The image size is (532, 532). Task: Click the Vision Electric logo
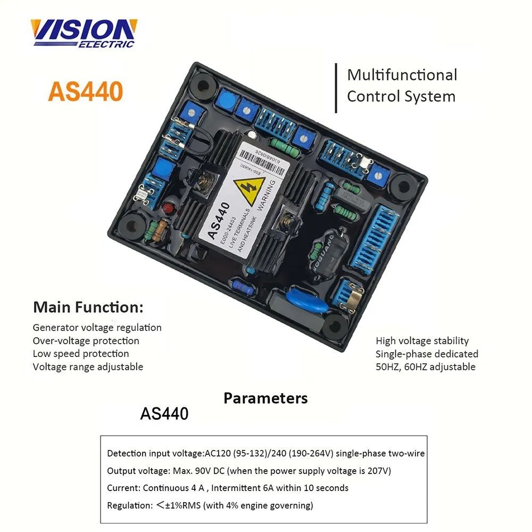84,33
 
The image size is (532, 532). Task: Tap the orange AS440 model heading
86,91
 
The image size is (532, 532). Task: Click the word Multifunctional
402,75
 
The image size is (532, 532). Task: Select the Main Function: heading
88,307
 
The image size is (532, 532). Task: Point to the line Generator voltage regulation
97,328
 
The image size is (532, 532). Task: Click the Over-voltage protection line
86,341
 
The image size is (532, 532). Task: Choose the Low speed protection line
81,354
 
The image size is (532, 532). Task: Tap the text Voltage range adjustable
88,367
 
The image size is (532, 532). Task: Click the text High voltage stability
422,341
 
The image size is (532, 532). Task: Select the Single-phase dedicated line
427,354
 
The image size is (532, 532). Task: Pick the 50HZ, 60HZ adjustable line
426,367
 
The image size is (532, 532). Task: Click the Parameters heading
265,398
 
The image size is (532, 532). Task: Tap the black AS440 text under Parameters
164,414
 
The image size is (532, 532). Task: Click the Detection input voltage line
265,454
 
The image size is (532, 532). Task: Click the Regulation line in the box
210,505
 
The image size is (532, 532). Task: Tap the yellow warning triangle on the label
250,190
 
